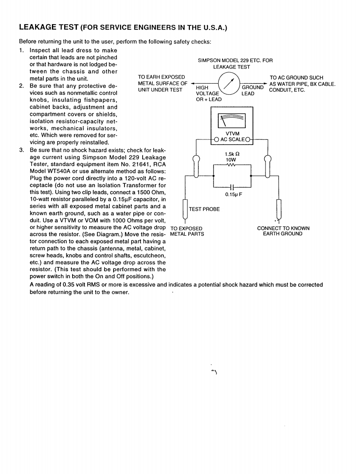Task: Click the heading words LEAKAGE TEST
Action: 49,27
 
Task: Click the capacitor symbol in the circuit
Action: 232,186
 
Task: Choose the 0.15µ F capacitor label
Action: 233,194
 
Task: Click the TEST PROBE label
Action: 204,209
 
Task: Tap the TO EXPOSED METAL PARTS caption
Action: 187,231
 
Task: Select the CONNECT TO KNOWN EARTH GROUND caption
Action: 283,231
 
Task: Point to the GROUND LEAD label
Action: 252,90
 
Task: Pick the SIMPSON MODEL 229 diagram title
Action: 235,63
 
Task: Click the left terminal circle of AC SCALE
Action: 216,139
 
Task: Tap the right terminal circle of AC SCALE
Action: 248,139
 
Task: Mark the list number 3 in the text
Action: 22,150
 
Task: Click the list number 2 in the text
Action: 22,86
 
